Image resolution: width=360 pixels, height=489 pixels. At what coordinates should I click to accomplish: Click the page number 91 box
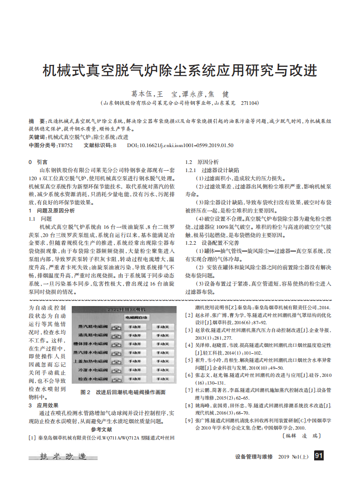[319, 456]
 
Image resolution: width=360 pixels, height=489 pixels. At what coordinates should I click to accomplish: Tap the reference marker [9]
[188, 420]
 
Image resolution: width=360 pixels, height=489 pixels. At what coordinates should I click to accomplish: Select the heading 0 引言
[38, 162]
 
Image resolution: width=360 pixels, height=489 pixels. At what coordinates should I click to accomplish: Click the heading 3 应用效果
[44, 405]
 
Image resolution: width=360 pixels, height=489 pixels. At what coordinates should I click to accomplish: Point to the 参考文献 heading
[102, 429]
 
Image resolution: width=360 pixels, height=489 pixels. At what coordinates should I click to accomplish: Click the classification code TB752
[65, 145]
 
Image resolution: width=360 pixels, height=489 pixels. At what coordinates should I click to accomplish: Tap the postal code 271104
[250, 104]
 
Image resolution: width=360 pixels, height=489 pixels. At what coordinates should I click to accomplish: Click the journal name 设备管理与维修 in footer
[254, 456]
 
